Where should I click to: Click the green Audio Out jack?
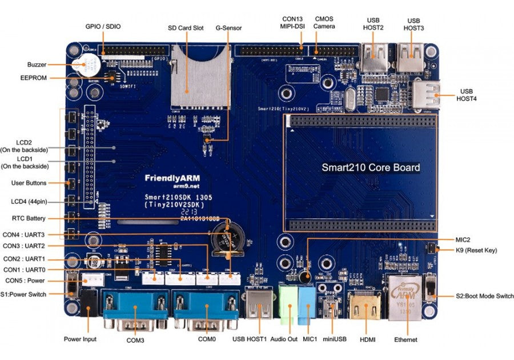click(x=289, y=302)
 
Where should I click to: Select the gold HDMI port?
click(x=364, y=307)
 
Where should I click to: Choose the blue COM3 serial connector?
click(x=135, y=309)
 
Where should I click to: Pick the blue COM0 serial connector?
click(x=206, y=309)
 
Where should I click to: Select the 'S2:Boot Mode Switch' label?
click(x=484, y=296)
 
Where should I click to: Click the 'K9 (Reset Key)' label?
click(x=476, y=250)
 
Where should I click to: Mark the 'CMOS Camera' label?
click(x=324, y=22)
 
